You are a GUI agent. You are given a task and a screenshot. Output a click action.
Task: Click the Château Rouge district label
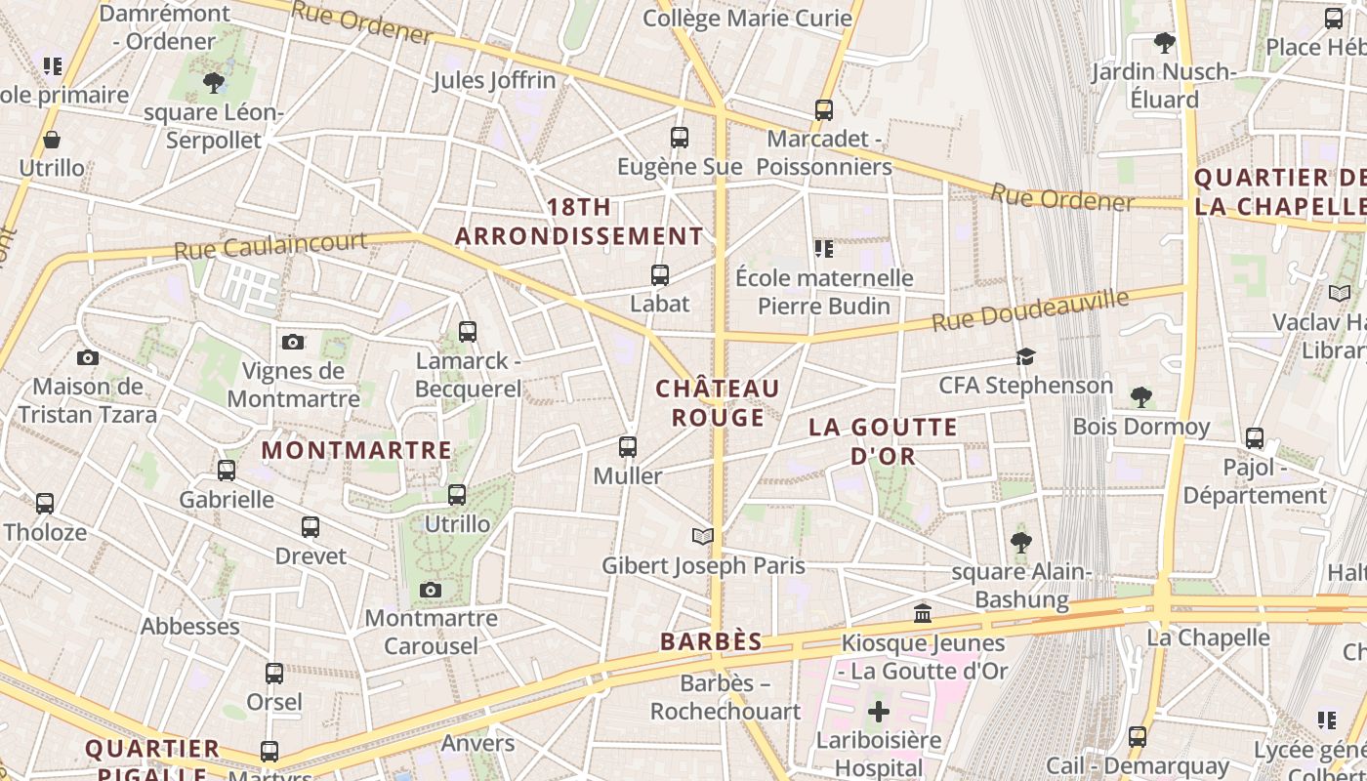[x=718, y=403]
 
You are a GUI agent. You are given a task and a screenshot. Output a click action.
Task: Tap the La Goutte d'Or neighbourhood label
[x=883, y=441]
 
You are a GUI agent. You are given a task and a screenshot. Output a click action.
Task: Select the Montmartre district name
[x=357, y=450]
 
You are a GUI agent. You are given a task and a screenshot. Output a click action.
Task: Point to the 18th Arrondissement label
[x=579, y=222]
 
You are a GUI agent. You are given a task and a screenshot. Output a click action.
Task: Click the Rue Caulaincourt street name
[x=270, y=244]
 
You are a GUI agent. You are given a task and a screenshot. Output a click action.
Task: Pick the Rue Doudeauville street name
[x=1030, y=308]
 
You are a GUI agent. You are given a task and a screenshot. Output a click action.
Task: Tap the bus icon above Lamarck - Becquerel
[x=467, y=332]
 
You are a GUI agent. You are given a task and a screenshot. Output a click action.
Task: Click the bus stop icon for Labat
[x=660, y=275]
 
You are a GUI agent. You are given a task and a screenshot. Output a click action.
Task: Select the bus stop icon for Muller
[x=628, y=447]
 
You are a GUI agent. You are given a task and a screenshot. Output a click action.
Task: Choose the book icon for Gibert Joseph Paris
[x=703, y=536]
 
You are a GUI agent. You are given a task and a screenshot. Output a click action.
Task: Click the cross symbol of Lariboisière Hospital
[x=879, y=712]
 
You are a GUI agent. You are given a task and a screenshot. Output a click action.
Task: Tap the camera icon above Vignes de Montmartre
[x=293, y=342]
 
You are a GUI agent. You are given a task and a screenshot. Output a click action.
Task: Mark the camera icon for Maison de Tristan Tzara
[x=88, y=357]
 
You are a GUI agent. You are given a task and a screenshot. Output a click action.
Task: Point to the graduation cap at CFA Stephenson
[x=1025, y=356]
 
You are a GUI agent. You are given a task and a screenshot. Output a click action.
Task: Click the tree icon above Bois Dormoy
[x=1140, y=396]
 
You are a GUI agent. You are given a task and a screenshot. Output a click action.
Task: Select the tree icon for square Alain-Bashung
[x=1021, y=542]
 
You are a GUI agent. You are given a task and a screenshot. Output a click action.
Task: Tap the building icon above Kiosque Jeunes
[x=923, y=613]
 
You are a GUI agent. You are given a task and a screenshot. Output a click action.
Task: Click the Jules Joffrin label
[x=494, y=80]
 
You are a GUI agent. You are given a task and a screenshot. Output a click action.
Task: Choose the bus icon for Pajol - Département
[x=1255, y=438]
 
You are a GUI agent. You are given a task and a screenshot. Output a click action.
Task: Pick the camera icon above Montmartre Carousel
[x=431, y=590]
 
